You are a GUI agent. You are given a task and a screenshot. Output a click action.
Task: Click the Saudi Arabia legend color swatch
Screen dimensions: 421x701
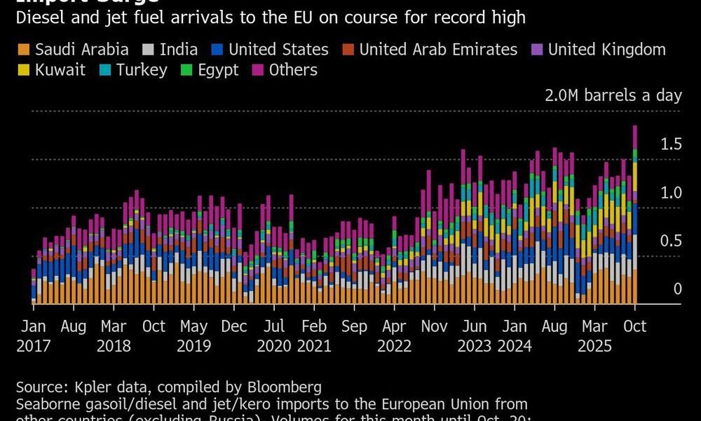(23, 50)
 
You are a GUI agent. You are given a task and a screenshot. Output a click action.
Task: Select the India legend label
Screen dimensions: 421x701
(178, 50)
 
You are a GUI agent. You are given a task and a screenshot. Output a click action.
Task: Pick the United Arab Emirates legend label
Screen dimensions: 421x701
(438, 50)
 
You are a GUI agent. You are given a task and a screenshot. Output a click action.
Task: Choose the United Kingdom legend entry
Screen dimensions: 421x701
(606, 50)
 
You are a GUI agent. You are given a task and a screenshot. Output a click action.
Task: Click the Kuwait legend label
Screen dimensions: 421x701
(60, 70)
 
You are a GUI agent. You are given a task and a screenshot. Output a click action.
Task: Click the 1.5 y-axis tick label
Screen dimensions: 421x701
(671, 144)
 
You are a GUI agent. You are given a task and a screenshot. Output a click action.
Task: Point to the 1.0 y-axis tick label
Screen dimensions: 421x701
(671, 192)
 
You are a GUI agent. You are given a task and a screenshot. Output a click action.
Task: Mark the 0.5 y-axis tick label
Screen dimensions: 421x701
(671, 241)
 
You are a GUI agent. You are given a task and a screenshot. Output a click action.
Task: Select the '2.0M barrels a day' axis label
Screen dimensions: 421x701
(613, 95)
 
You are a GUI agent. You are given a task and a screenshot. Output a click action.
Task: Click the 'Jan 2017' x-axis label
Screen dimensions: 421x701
(33, 336)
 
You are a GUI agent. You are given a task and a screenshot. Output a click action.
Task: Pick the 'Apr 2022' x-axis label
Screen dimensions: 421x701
(393, 336)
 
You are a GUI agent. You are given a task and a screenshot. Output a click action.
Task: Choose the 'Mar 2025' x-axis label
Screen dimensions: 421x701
(594, 336)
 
